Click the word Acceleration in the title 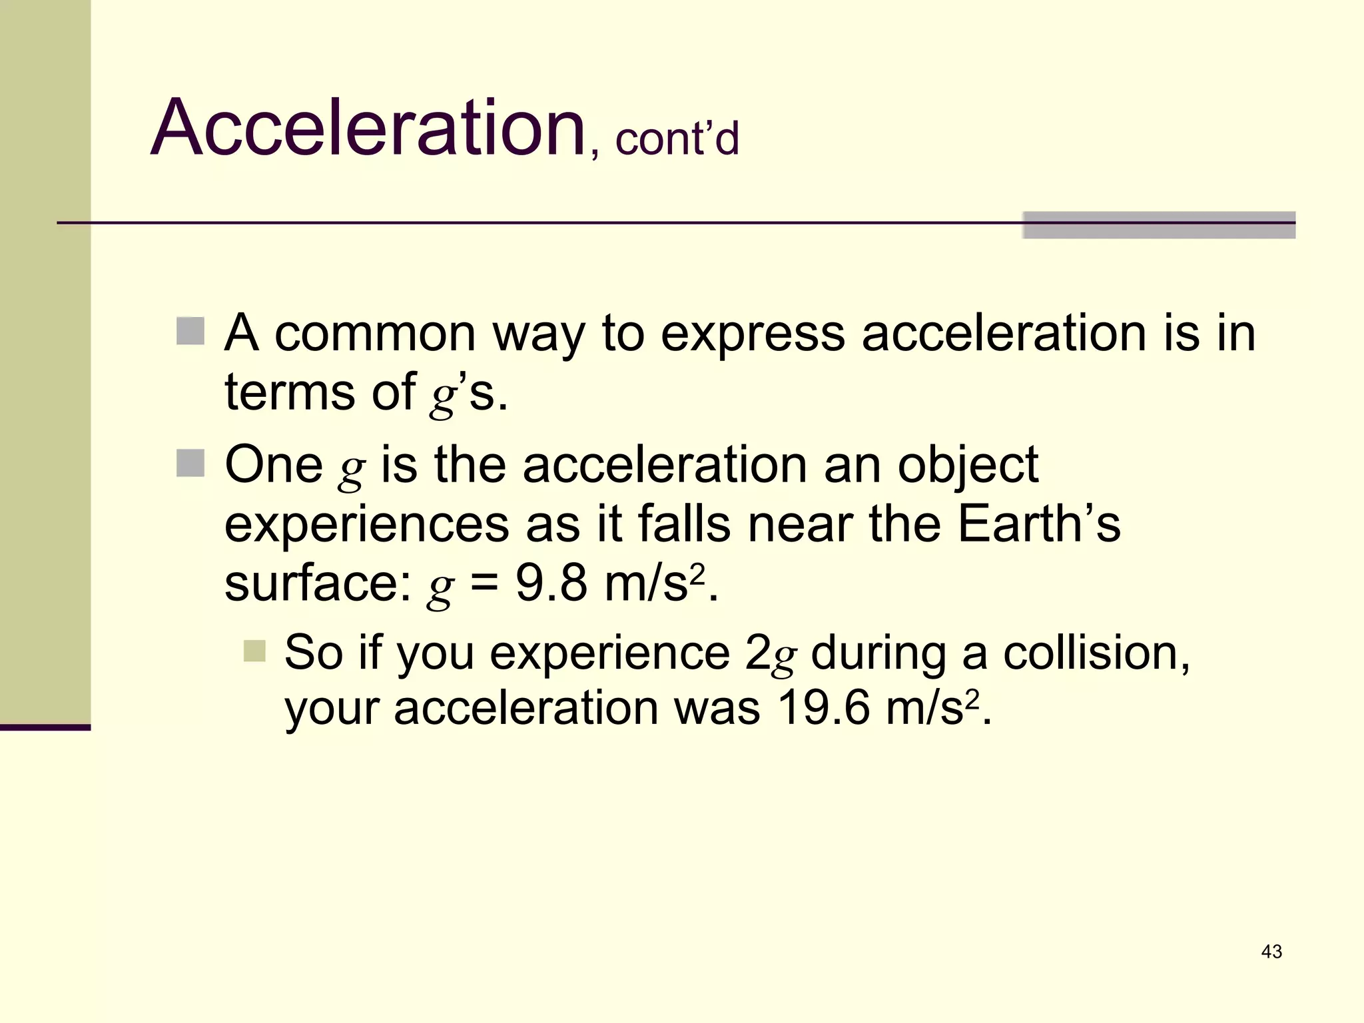coord(368,128)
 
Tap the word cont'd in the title coord(677,139)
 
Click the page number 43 coord(1271,952)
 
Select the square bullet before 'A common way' coord(190,331)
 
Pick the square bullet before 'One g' coord(190,463)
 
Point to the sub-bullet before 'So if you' coord(254,651)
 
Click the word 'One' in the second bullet coord(274,464)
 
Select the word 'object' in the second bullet coord(968,466)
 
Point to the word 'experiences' coord(366,525)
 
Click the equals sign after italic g coord(484,585)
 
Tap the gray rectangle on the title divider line coord(1159,225)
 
